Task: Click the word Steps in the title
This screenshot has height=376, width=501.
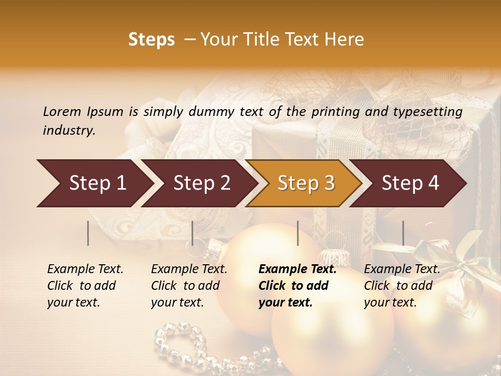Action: [151, 40]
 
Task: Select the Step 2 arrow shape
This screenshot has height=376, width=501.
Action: [201, 183]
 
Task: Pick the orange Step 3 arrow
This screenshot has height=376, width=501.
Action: [305, 183]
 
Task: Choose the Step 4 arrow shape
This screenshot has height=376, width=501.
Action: [410, 183]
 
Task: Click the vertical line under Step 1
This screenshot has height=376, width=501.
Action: [88, 233]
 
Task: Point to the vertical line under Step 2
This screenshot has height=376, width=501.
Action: [193, 233]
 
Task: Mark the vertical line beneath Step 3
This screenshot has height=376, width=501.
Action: [297, 233]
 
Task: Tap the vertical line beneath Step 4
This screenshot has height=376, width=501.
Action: [403, 233]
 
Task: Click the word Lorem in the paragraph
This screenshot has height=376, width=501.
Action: [62, 111]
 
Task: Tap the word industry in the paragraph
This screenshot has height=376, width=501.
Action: [68, 131]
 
